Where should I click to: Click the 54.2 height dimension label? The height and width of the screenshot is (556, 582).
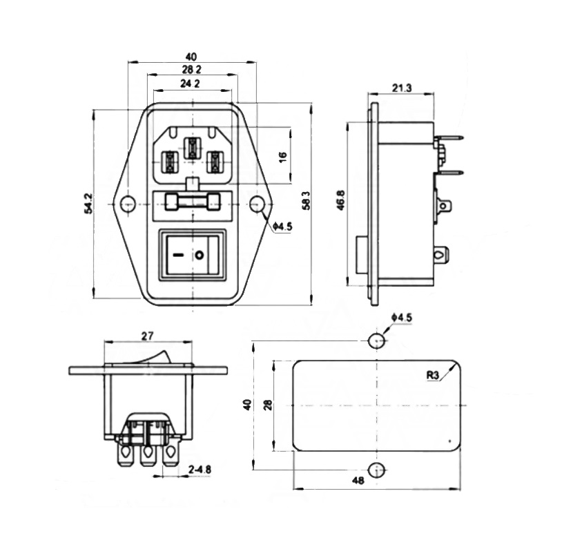tap(88, 204)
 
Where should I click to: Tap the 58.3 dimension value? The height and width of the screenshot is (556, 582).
tap(306, 200)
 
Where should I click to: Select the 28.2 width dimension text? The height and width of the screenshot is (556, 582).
tap(191, 70)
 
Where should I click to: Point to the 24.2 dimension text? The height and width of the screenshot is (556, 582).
tap(191, 84)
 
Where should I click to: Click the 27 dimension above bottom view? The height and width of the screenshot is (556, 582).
tap(147, 336)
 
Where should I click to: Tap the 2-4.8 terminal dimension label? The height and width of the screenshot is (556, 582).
tap(200, 470)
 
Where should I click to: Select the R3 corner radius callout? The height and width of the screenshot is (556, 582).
tap(433, 376)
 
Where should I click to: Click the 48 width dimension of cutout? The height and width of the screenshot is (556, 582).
tap(376, 481)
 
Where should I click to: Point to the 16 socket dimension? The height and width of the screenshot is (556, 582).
tap(282, 156)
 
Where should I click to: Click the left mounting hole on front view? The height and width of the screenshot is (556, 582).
tap(127, 204)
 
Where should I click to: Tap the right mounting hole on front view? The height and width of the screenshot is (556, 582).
tap(257, 204)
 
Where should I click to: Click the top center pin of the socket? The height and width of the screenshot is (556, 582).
tap(192, 147)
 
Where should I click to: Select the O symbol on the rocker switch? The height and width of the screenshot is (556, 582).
tap(200, 256)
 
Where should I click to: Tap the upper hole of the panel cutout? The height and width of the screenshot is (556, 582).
tap(376, 341)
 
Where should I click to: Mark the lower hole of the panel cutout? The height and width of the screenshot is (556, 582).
tap(376, 471)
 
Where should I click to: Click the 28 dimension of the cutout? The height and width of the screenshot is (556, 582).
tap(267, 405)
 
